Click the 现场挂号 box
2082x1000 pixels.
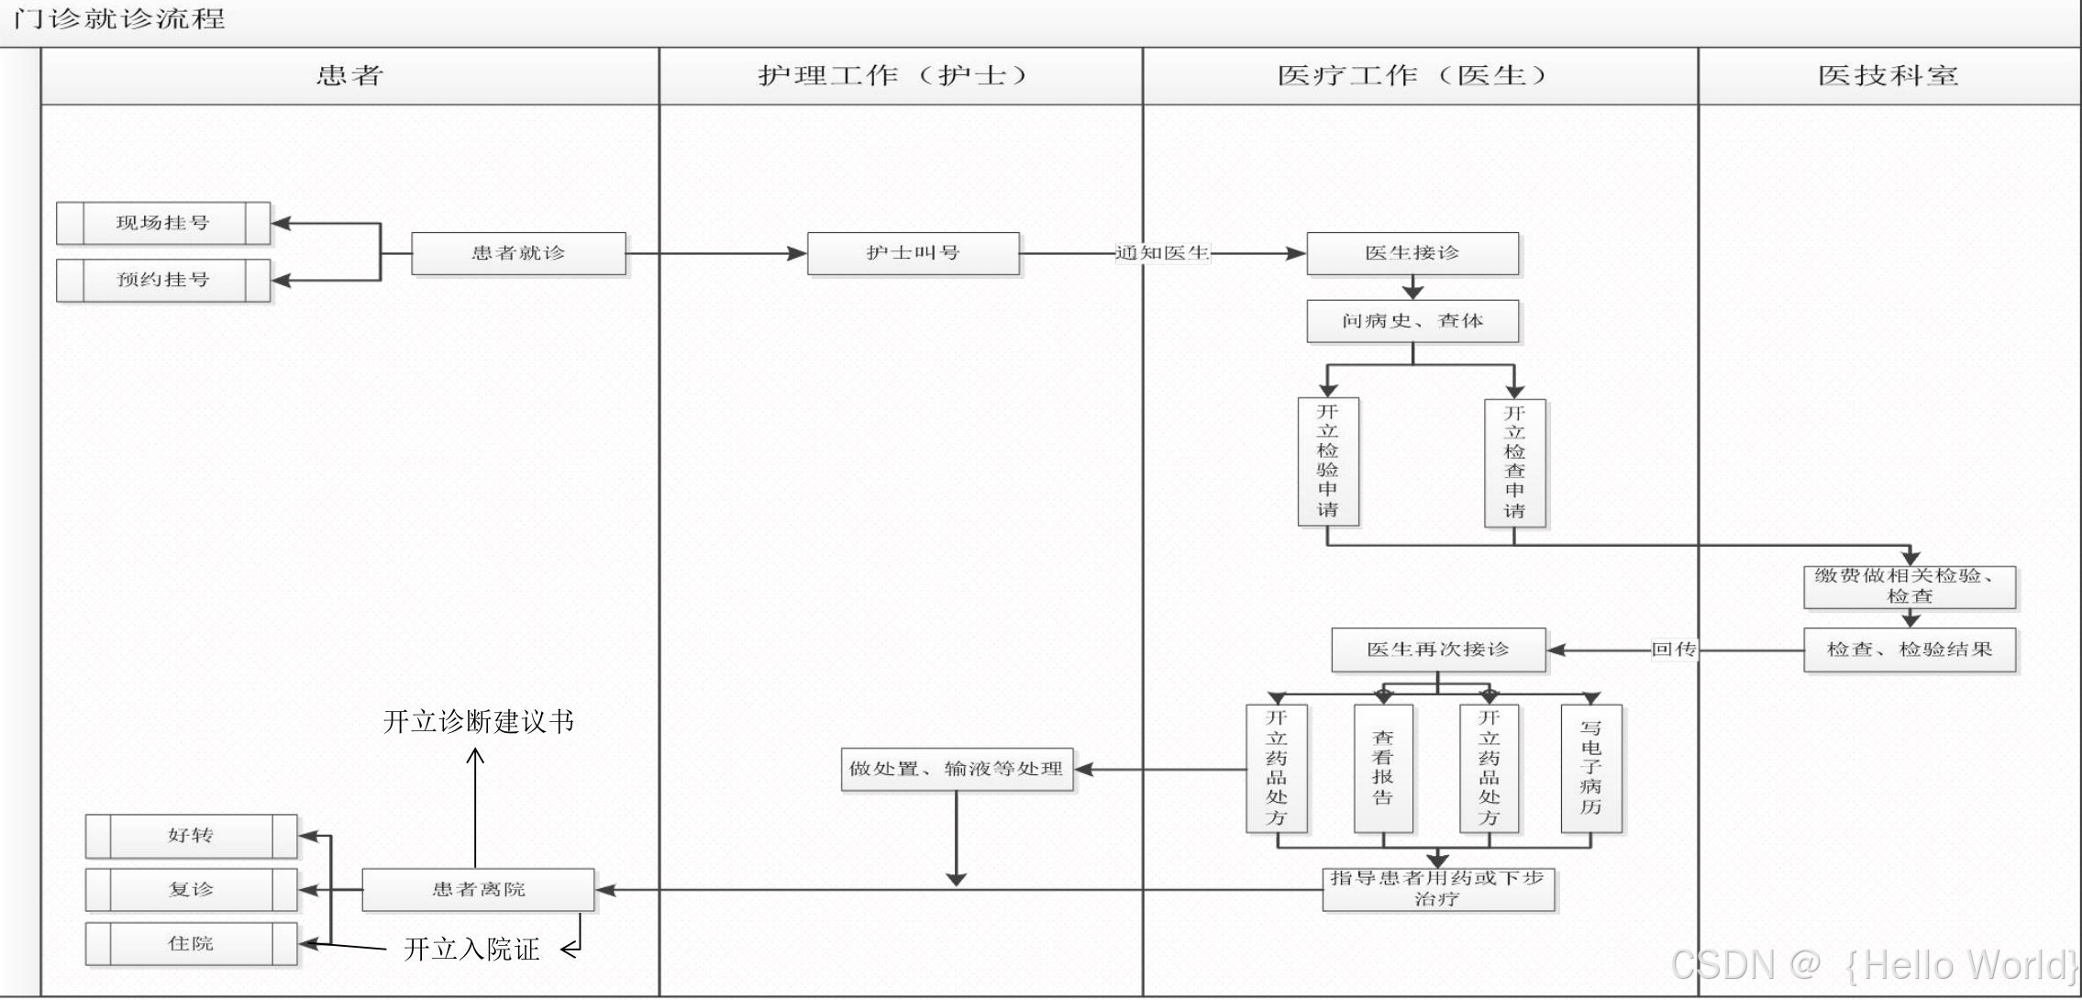pyautogui.click(x=163, y=223)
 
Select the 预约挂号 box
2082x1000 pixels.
pyautogui.click(x=163, y=280)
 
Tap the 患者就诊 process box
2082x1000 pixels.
pyautogui.click(x=518, y=253)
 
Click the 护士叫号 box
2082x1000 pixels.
pyautogui.click(x=913, y=253)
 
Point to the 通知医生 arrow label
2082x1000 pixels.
pyautogui.click(x=1162, y=253)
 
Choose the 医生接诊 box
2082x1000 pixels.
pyautogui.click(x=1412, y=253)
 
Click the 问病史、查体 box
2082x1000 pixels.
pyautogui.click(x=1412, y=321)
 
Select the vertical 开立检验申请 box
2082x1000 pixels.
pyautogui.click(x=1328, y=461)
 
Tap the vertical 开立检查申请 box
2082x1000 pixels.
pyautogui.click(x=1514, y=462)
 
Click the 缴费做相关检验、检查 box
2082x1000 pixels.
pyautogui.click(x=1910, y=586)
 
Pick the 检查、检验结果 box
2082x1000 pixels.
pyautogui.click(x=1910, y=650)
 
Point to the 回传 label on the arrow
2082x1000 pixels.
pyautogui.click(x=1674, y=650)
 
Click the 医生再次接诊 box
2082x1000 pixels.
pyautogui.click(x=1438, y=650)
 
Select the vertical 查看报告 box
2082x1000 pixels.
pyautogui.click(x=1383, y=768)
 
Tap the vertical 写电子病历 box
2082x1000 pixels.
pyautogui.click(x=1591, y=768)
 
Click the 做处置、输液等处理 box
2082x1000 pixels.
pyautogui.click(x=957, y=769)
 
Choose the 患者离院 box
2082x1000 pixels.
pyautogui.click(x=478, y=889)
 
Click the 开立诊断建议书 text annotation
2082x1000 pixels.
pyautogui.click(x=478, y=722)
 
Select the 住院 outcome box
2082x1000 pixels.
pyautogui.click(x=191, y=943)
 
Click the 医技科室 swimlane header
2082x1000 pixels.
pyautogui.click(x=1888, y=76)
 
